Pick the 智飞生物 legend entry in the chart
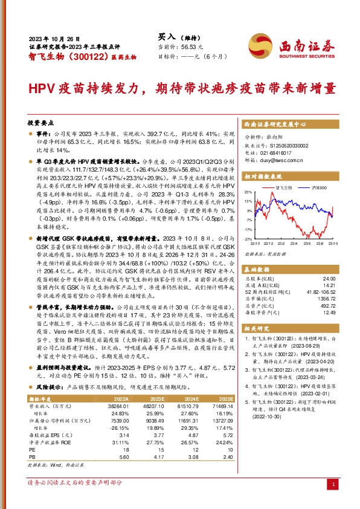coord(283,189)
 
